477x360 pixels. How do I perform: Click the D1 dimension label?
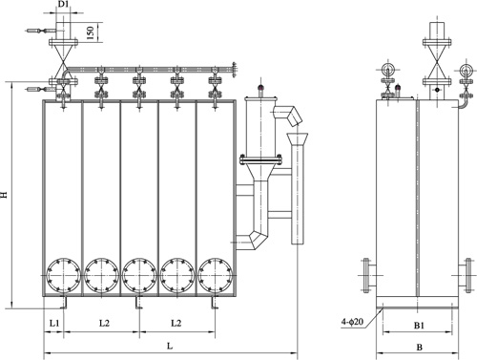click(x=64, y=4)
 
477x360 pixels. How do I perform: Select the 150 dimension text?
click(x=91, y=33)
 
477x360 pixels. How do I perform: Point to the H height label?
click(x=4, y=195)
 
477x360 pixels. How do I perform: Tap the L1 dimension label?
click(x=54, y=323)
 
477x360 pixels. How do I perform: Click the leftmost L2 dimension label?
click(x=104, y=323)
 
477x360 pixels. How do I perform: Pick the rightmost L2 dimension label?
click(x=176, y=323)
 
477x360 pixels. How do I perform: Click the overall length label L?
click(x=170, y=346)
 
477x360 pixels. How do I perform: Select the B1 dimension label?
click(x=419, y=326)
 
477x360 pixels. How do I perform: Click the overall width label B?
click(x=419, y=348)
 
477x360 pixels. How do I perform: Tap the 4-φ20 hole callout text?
click(x=352, y=322)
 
